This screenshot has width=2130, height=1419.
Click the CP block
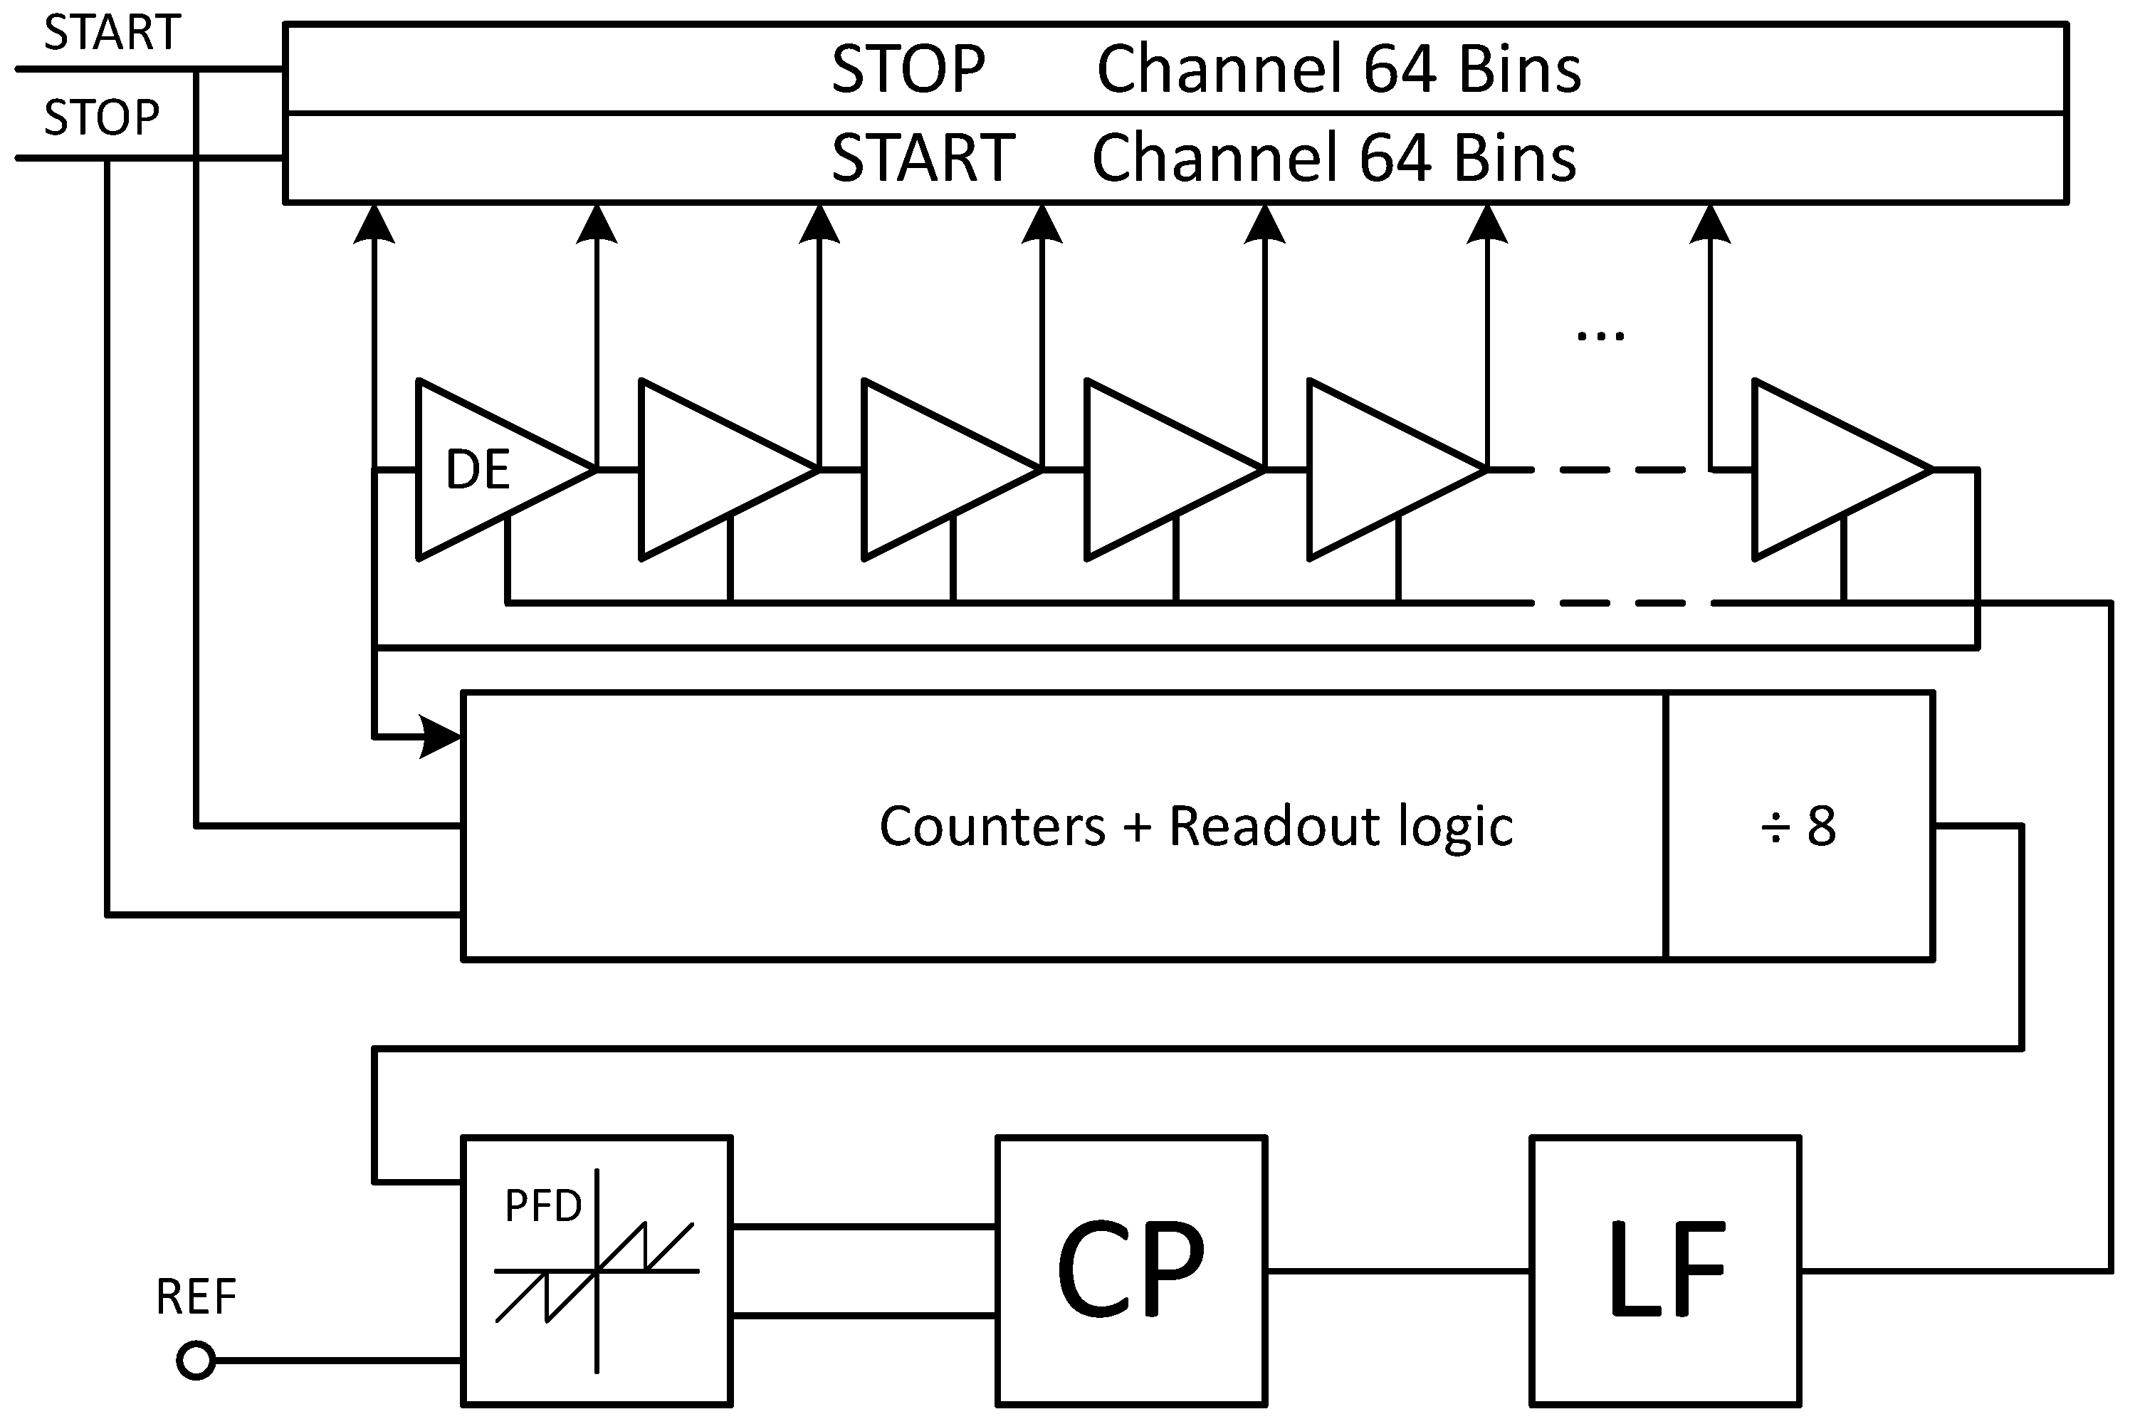tap(1130, 1271)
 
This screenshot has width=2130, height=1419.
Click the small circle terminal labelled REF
tap(196, 1360)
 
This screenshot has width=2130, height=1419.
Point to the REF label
tap(196, 1296)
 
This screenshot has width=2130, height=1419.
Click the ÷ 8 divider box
tap(1798, 825)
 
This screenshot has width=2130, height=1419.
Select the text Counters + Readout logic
tap(1195, 825)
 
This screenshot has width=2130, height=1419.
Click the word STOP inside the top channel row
tap(908, 70)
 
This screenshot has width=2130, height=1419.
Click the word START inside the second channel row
tap(923, 158)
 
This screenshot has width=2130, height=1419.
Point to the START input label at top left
tap(112, 33)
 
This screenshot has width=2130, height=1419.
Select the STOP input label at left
tap(101, 117)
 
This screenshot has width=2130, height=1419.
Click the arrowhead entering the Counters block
tap(441, 738)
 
